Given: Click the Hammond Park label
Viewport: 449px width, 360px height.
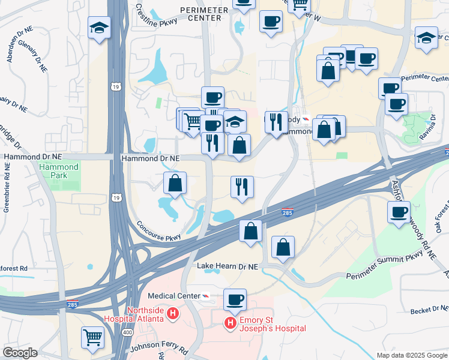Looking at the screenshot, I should [63, 171].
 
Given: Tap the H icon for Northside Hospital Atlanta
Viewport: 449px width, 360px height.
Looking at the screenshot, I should [173, 313].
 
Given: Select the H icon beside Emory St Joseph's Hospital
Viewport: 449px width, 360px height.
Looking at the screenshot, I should [230, 324].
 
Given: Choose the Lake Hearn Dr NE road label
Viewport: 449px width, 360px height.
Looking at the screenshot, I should [228, 266].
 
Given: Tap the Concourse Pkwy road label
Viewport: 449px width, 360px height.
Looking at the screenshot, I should [158, 230].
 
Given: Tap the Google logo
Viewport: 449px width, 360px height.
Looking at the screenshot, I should [19, 353].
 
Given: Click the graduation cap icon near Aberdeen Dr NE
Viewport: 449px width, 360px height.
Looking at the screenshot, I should [99, 28].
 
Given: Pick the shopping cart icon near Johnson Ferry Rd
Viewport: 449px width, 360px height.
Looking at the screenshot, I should [92, 337].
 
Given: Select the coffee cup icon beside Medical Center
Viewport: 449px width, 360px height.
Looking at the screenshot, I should [235, 299].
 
